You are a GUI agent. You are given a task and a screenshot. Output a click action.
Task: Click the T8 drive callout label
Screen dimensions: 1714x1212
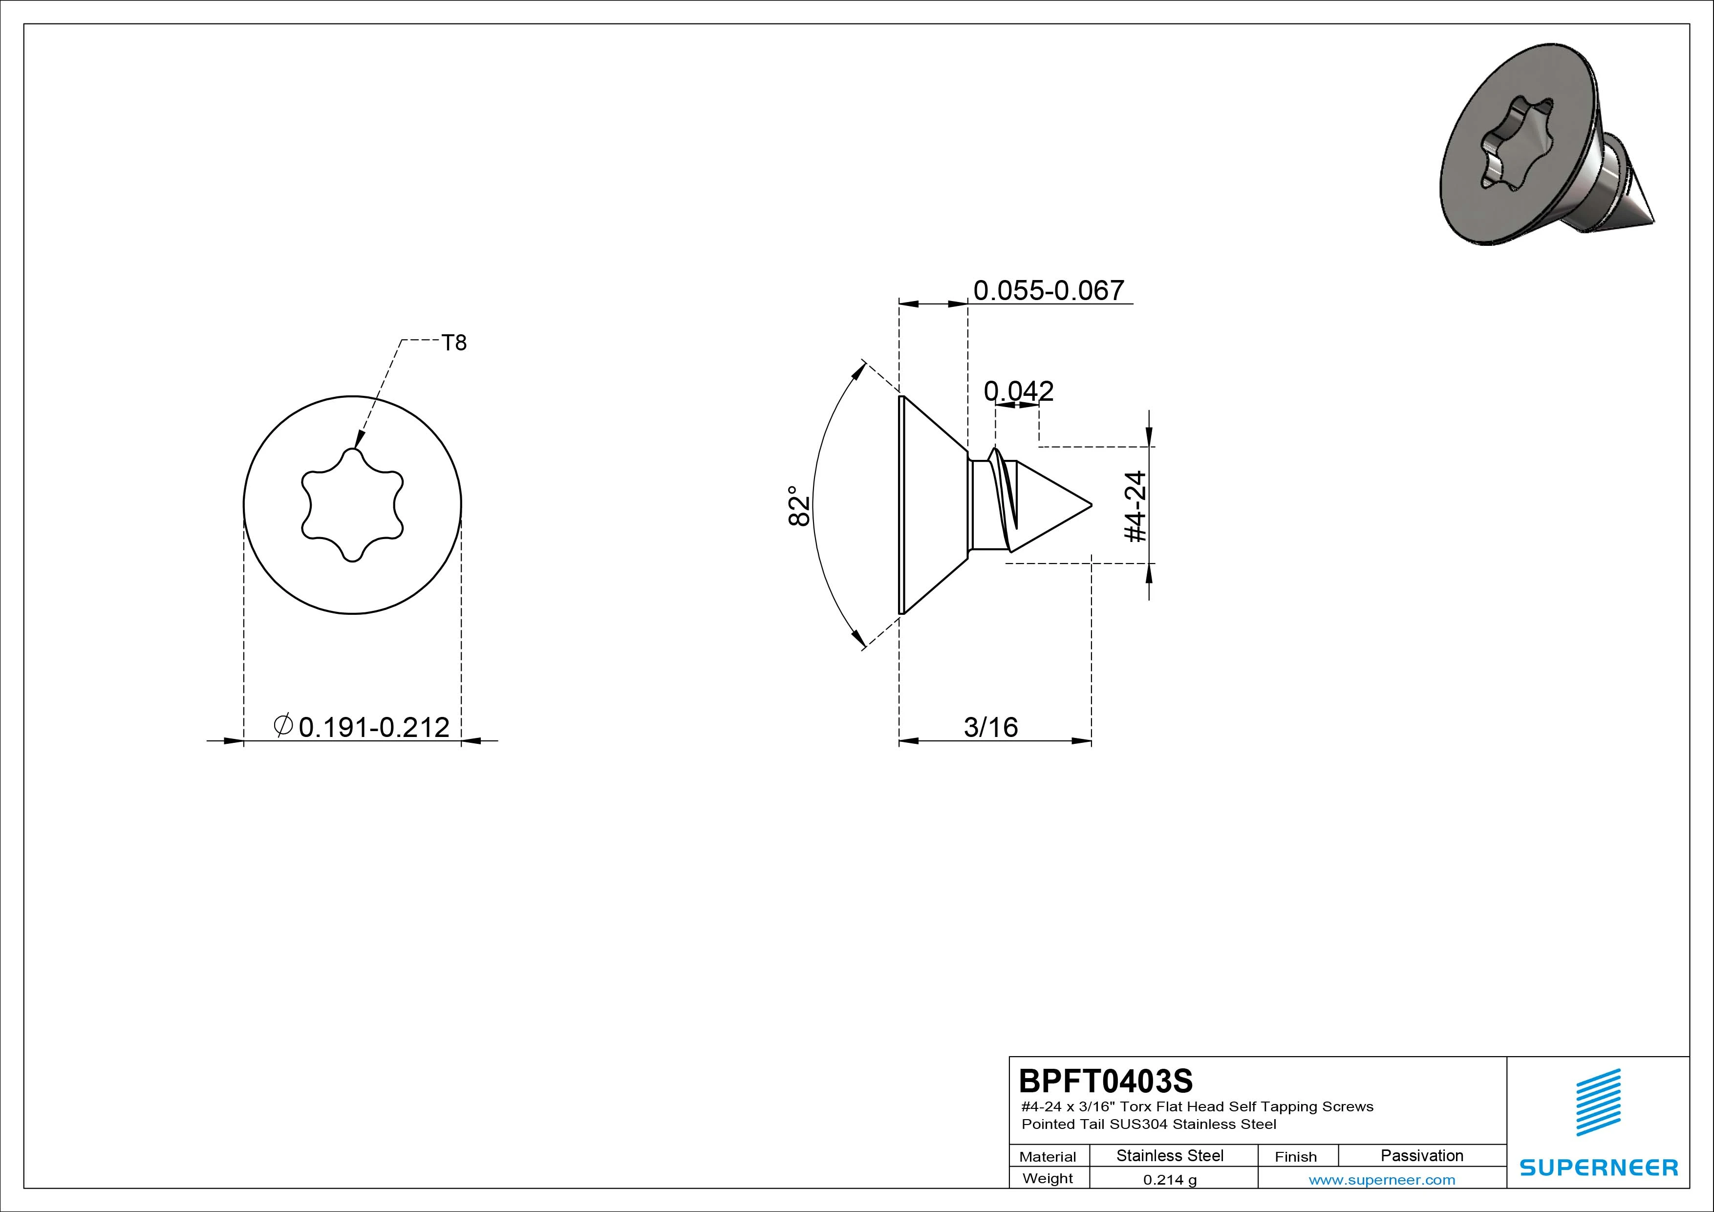[x=454, y=343]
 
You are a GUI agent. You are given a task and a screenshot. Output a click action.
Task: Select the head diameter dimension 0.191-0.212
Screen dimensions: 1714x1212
[x=374, y=727]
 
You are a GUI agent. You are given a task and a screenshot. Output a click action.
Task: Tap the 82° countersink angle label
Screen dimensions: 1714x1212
[x=799, y=506]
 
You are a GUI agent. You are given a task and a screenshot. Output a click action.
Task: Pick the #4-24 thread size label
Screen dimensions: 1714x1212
[x=1136, y=506]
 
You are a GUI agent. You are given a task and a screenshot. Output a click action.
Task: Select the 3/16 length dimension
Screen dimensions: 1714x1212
[x=990, y=727]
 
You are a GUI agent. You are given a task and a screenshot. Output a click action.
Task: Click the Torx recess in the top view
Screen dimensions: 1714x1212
[x=352, y=505]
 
